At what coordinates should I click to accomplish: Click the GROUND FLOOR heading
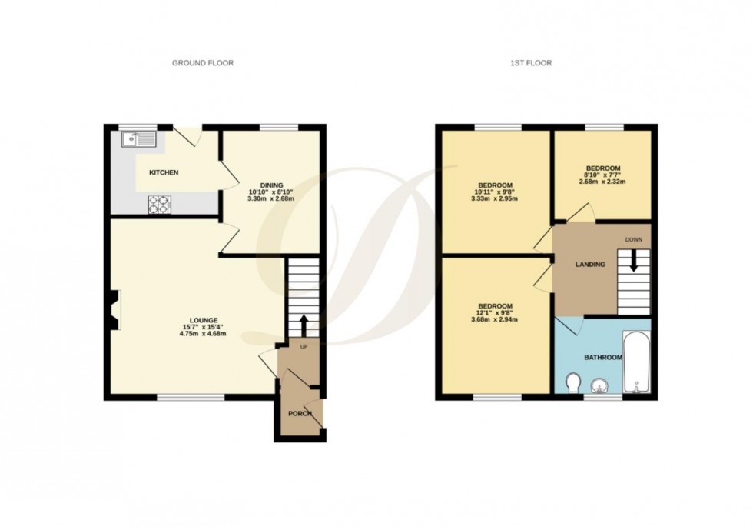point(203,63)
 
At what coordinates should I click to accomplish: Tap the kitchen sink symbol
point(138,139)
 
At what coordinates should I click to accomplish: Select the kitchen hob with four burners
point(159,203)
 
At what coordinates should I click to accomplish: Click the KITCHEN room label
point(164,172)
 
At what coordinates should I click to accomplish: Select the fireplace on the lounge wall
point(114,309)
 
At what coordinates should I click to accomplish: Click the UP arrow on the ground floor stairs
point(305,323)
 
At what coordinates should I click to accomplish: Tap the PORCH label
point(299,414)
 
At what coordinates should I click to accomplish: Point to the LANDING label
point(590,265)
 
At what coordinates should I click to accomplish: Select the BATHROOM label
point(603,358)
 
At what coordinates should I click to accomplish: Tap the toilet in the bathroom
point(572,382)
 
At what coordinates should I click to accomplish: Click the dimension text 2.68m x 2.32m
point(603,182)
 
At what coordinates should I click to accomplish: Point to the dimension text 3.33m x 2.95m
point(496,198)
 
